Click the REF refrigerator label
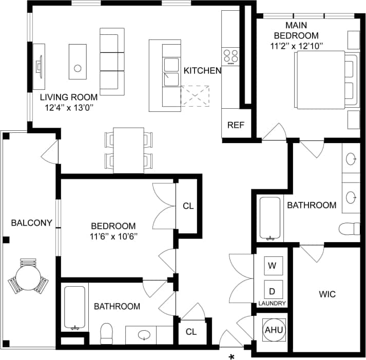tap(236, 125)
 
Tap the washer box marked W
tap(272, 266)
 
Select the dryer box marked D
tap(272, 291)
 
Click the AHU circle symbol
tap(273, 330)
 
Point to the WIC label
tap(327, 294)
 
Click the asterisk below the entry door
tap(232, 356)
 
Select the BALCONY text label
tap(31, 223)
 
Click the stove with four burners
tap(230, 56)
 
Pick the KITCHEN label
tap(202, 71)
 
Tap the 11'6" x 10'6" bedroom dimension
tap(113, 236)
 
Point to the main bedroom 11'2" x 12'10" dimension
tap(296, 46)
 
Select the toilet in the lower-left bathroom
tap(107, 334)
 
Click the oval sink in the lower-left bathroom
tap(144, 335)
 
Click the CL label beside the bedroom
tap(188, 206)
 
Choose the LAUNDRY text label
tap(272, 304)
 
